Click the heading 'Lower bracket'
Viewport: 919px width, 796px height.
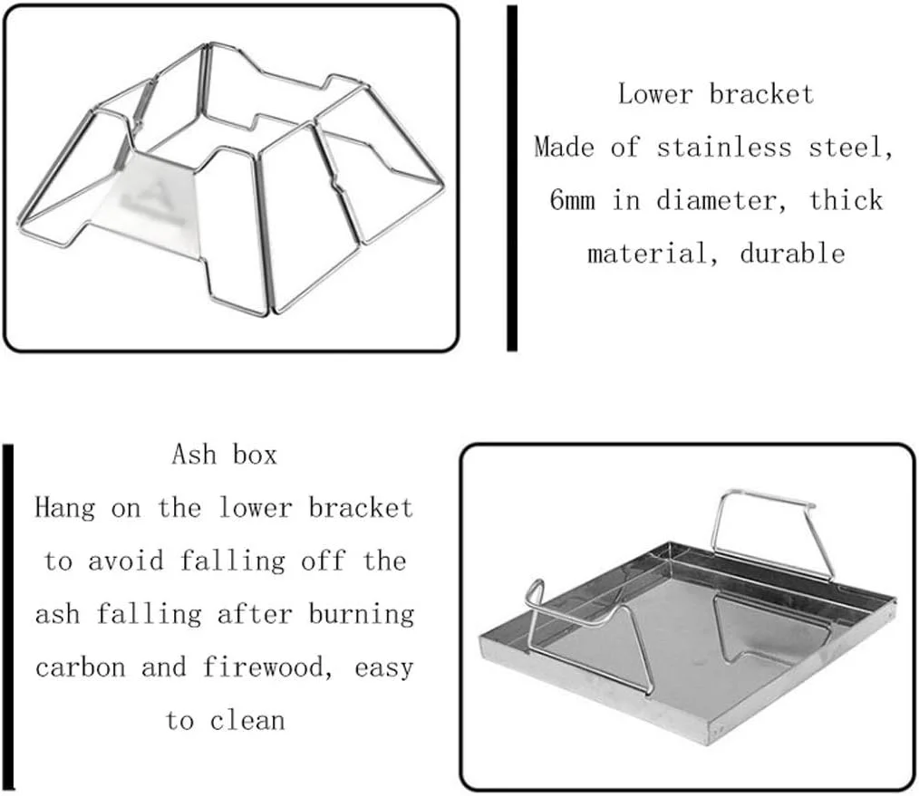pos(716,93)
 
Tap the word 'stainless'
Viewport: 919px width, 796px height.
pos(724,147)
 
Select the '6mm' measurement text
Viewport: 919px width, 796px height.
pos(572,200)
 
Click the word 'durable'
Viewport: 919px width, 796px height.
pos(792,253)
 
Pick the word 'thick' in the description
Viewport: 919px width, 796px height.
pos(846,200)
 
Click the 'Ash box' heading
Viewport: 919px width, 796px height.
pos(224,455)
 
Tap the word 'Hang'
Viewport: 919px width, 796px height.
pos(64,507)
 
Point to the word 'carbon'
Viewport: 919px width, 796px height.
pos(81,667)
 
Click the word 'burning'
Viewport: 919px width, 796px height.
pos(361,614)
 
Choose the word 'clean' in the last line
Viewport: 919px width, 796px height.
pos(247,721)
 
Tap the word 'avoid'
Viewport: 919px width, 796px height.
pos(125,561)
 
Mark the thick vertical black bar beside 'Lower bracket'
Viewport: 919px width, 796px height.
pos(512,178)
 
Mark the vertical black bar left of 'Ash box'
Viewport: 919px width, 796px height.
pos(7,617)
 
